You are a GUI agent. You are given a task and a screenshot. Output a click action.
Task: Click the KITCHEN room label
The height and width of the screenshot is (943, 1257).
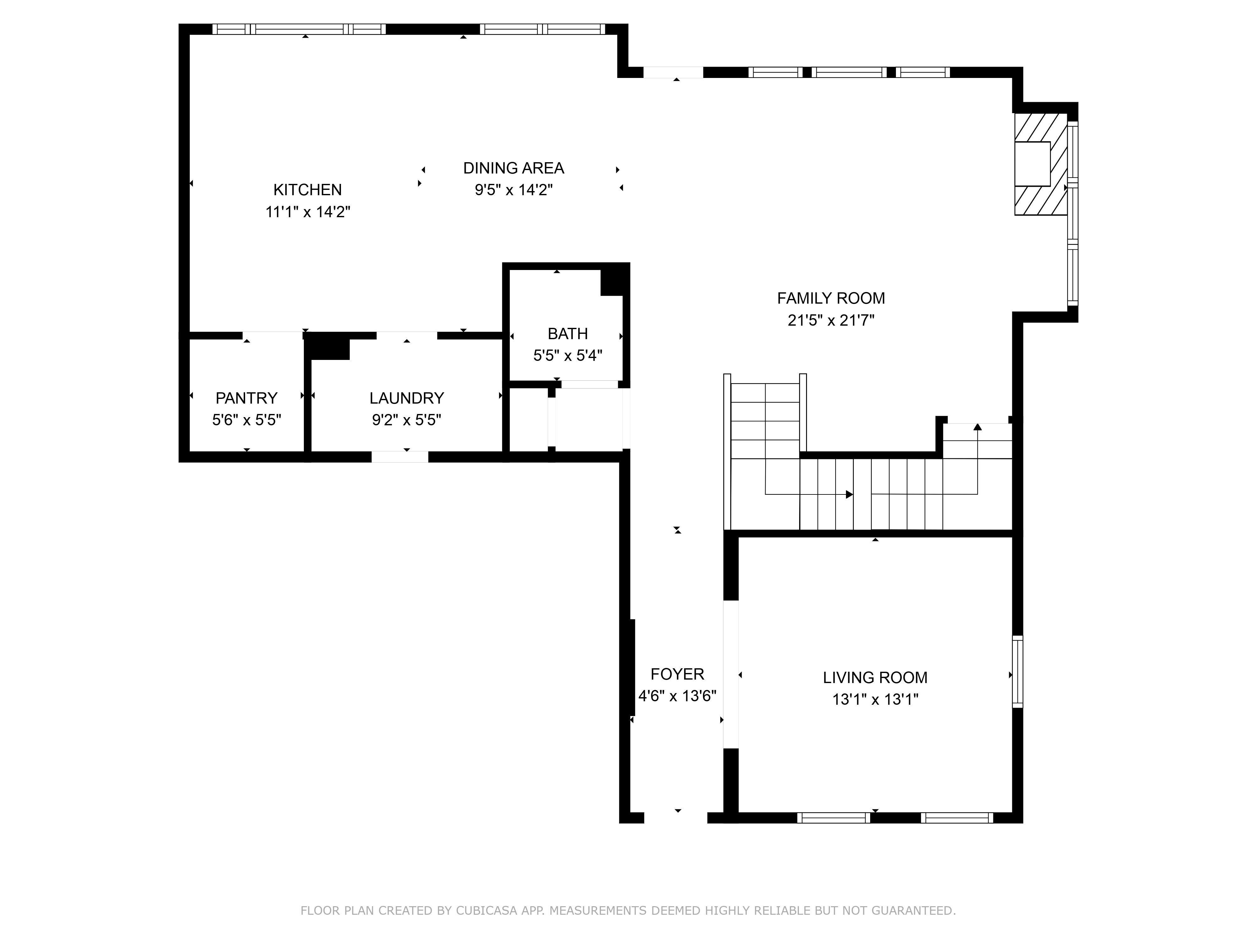coord(307,190)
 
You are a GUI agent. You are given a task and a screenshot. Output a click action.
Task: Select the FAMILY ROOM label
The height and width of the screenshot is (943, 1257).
coord(831,298)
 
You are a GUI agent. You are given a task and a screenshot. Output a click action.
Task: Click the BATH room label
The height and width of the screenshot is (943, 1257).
coord(567,334)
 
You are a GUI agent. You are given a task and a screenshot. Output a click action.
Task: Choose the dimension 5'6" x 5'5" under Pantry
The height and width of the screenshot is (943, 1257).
coord(247,420)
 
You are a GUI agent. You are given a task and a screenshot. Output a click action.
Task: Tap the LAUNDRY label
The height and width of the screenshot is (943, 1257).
coord(406,398)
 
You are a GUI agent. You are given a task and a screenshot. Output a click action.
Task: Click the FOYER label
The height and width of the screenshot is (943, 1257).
coord(677,674)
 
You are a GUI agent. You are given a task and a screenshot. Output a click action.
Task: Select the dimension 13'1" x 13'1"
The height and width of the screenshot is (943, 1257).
coord(875,699)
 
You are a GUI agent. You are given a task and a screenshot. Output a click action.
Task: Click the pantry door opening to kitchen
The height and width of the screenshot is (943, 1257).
coord(272,335)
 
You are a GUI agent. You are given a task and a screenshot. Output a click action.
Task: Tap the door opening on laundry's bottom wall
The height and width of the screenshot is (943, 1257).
coord(399,456)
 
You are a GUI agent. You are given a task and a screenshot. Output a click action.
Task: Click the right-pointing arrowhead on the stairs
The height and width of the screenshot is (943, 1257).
coord(849,494)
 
